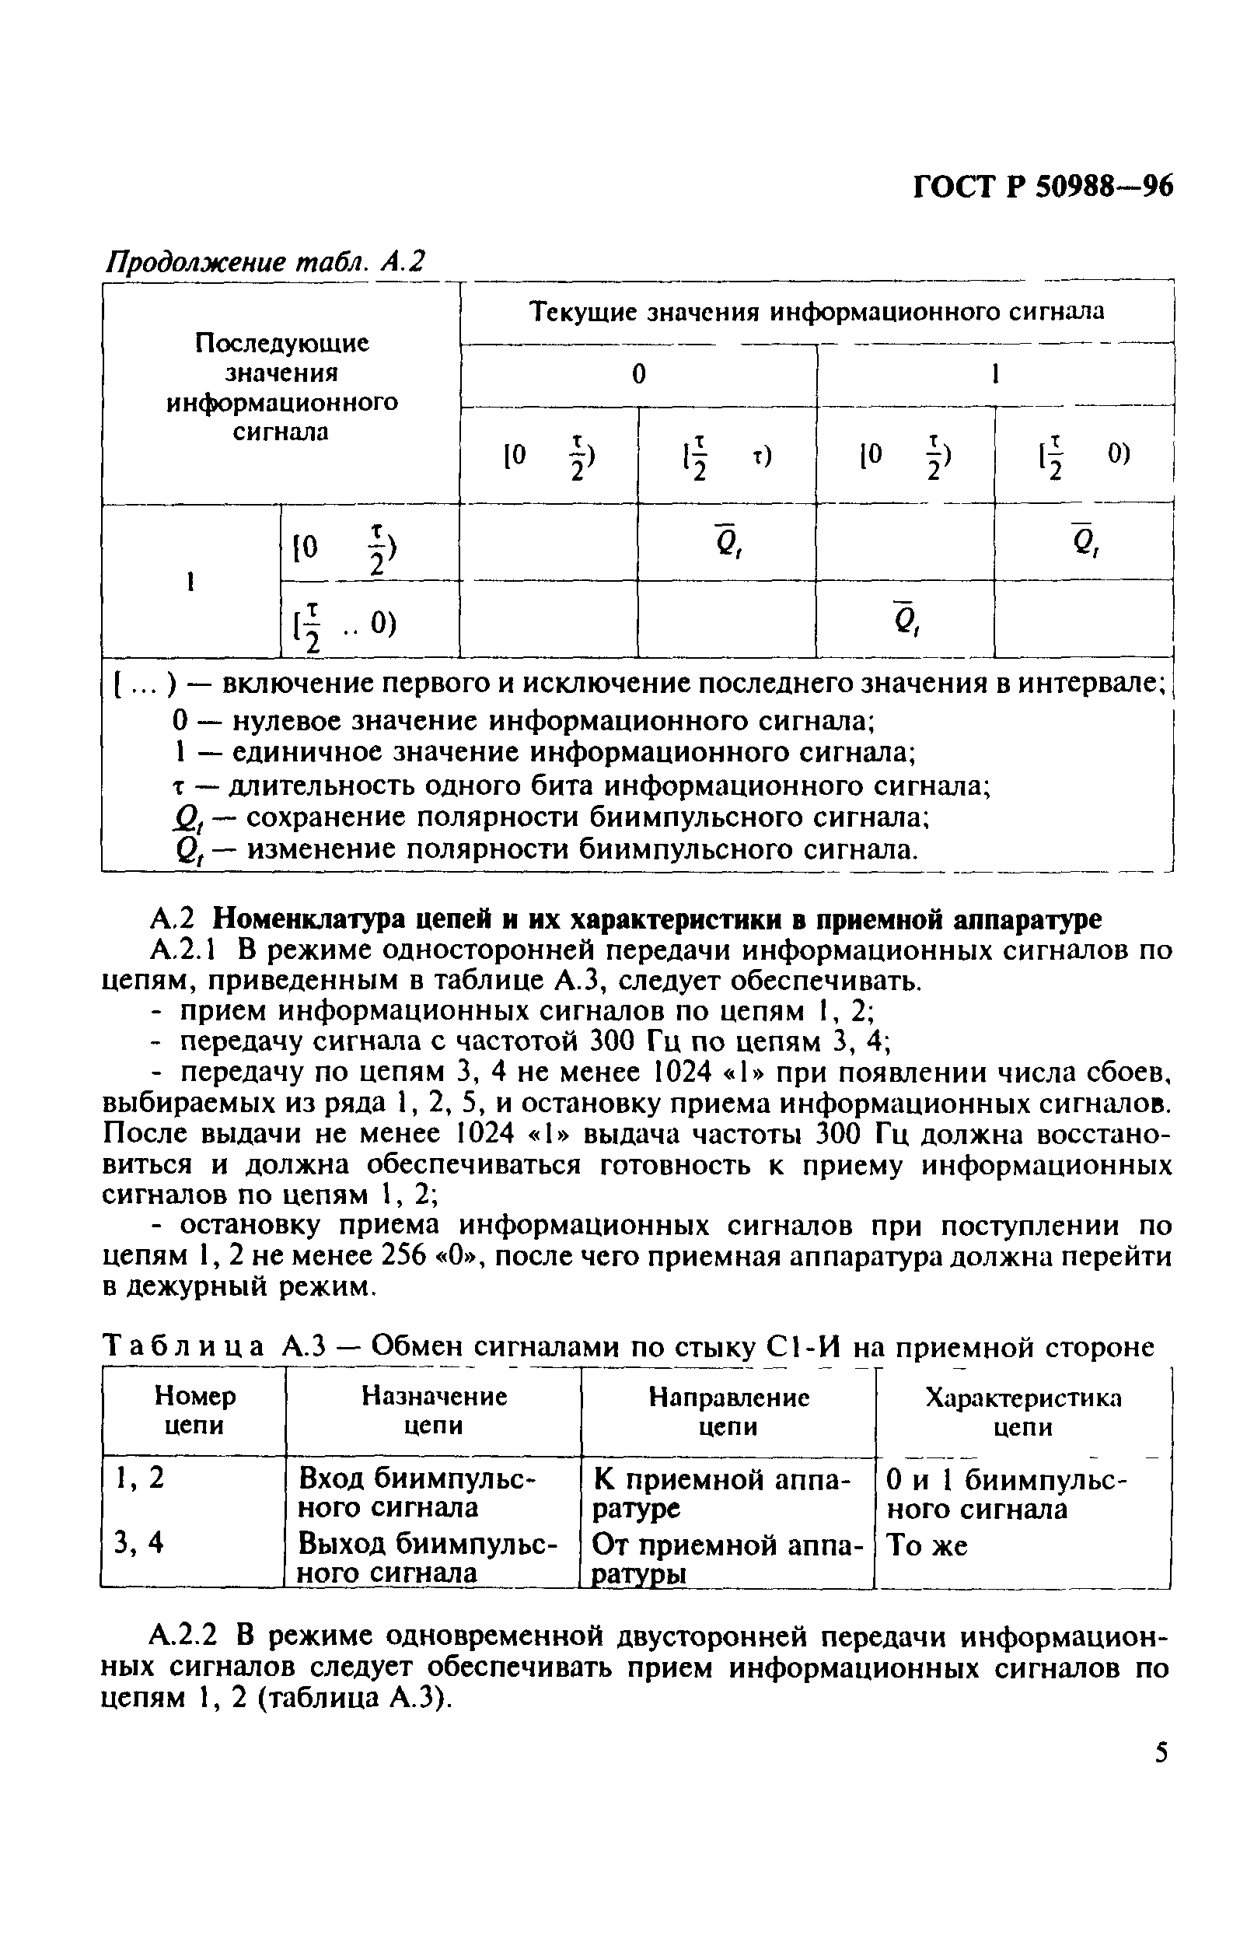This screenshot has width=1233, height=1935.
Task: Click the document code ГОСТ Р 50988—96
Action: [x=1043, y=187]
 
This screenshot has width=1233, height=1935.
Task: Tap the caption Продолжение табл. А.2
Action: [x=265, y=262]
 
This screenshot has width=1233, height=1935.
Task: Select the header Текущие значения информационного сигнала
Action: [x=817, y=311]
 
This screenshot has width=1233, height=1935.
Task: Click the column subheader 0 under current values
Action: [x=638, y=374]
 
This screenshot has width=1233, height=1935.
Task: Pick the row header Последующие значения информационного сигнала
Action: [x=282, y=387]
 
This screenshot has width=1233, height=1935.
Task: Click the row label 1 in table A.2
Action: [x=190, y=582]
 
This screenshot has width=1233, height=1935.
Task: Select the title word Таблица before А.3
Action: [x=184, y=1347]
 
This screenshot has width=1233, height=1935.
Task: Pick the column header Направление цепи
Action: [x=728, y=1411]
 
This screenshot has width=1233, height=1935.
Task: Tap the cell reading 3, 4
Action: [x=139, y=1542]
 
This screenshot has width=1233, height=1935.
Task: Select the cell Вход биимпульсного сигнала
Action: [x=416, y=1492]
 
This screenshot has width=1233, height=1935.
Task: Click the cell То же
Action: [x=927, y=1545]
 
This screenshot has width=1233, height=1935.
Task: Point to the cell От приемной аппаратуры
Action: [x=727, y=1557]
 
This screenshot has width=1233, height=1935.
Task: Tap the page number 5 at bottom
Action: [x=1161, y=1752]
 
